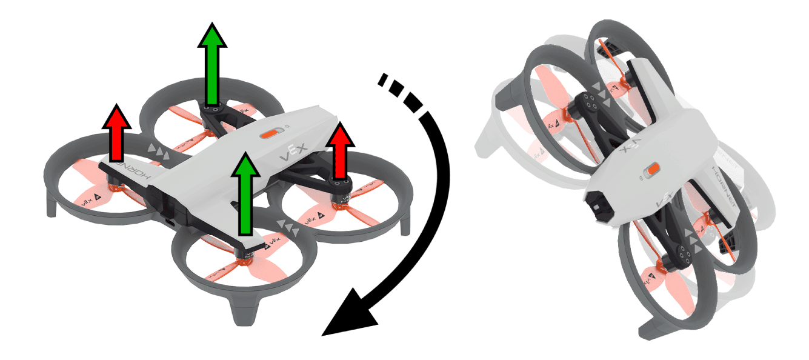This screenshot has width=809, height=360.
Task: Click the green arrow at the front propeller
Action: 245,194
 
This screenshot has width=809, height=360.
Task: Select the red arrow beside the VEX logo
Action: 341,152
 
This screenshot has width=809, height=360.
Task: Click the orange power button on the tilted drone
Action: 651,170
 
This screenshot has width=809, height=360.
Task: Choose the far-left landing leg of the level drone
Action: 52,205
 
